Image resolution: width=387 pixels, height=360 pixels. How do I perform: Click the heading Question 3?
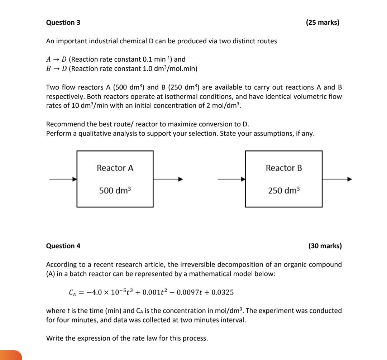click(63, 23)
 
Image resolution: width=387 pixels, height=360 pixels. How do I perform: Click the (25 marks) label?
click(322, 23)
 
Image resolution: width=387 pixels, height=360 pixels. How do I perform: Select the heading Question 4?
click(63, 246)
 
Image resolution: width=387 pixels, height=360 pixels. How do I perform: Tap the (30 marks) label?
click(325, 246)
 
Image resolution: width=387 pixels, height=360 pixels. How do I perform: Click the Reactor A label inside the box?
click(115, 168)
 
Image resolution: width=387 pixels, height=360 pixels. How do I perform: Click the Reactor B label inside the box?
click(284, 168)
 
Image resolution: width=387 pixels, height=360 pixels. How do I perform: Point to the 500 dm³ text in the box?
click(115, 191)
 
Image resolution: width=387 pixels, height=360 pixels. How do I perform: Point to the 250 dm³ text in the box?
click(284, 191)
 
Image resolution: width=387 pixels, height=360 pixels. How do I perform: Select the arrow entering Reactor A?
click(63, 179)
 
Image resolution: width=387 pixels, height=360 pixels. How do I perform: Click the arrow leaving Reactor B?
click(337, 179)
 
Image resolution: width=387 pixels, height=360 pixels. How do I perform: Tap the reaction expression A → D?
click(56, 59)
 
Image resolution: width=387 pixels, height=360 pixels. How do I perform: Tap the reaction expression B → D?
click(56, 68)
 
